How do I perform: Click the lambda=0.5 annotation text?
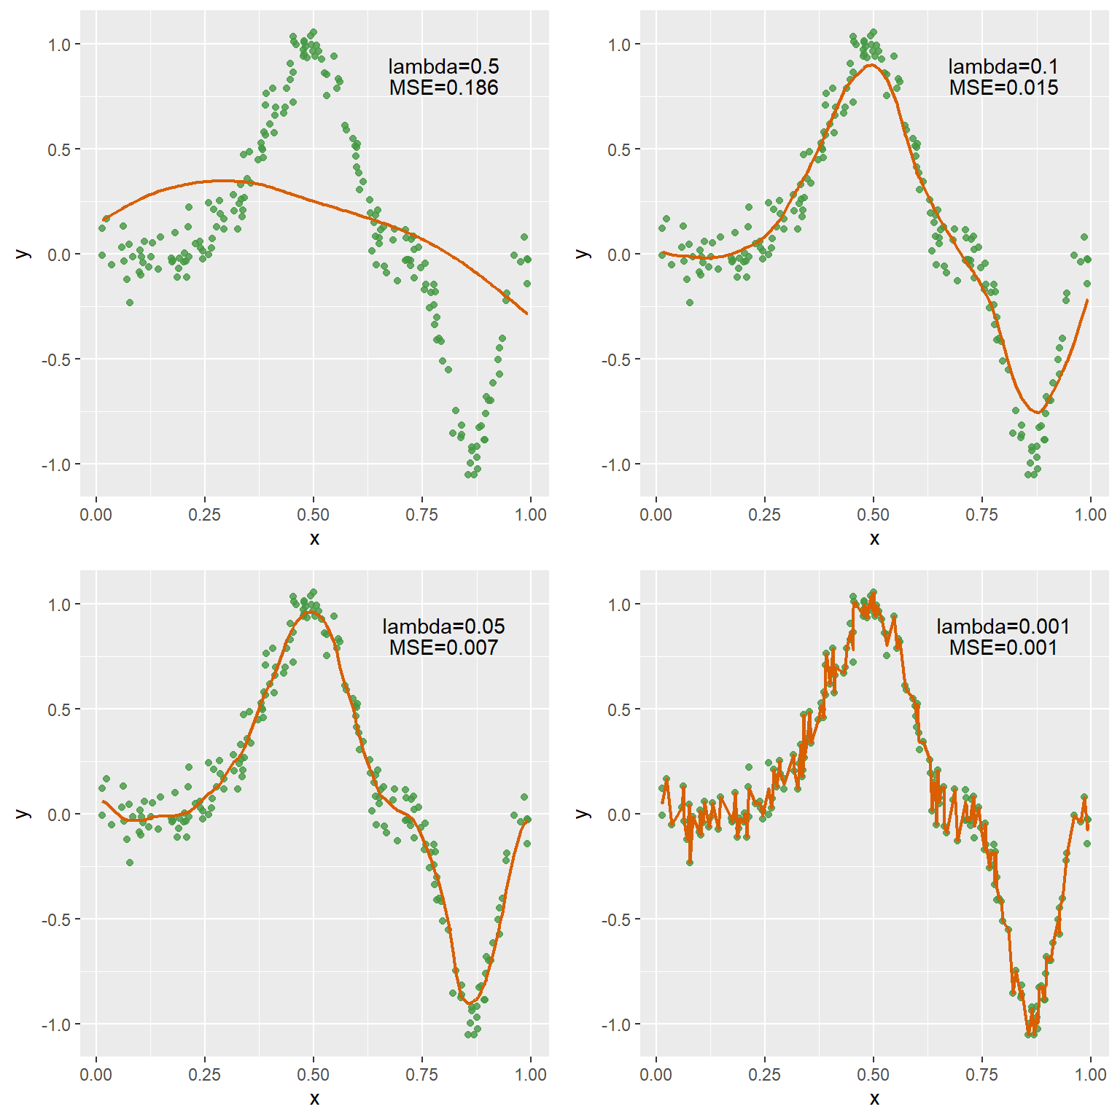(443, 66)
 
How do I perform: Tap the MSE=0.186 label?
(443, 88)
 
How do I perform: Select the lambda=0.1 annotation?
(1003, 66)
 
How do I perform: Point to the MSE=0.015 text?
(1003, 88)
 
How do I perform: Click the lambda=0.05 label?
(443, 626)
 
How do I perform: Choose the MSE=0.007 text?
(443, 648)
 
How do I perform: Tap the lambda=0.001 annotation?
(1003, 626)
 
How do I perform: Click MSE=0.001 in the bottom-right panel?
(1003, 648)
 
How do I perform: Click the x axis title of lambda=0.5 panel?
(314, 539)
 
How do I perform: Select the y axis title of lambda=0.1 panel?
(583, 254)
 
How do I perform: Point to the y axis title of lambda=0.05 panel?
(23, 814)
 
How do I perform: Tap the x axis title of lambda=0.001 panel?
(874, 1099)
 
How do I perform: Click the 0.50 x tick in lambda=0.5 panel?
(313, 515)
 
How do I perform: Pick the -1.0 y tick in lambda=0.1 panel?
(617, 464)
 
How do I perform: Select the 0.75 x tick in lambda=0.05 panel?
(421, 1075)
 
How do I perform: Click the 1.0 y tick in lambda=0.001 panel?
(620, 604)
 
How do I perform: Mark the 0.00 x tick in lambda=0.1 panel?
(656, 515)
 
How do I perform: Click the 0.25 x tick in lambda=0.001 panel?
(764, 1075)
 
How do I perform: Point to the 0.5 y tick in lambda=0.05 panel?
(60, 709)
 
